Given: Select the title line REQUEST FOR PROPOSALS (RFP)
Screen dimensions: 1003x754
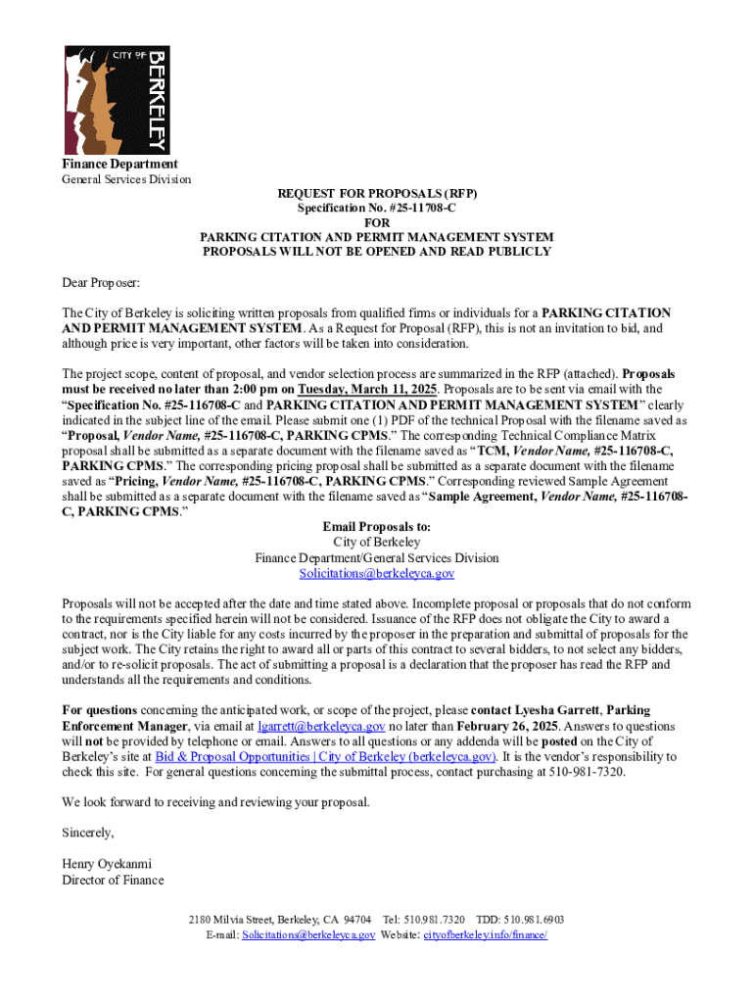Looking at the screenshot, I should (x=376, y=194).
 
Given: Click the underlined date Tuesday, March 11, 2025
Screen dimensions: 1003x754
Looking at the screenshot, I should (x=366, y=389).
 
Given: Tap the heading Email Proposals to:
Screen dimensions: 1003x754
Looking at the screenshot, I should (x=376, y=527).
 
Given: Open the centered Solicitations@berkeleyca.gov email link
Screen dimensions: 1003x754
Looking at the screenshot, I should (x=376, y=573).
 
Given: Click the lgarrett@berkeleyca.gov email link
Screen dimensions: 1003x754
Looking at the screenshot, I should (x=322, y=727).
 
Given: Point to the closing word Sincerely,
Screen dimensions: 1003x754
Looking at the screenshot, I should (x=88, y=834).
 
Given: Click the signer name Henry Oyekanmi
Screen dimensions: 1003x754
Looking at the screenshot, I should (x=106, y=865).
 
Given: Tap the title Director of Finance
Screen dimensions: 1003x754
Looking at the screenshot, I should (x=113, y=880).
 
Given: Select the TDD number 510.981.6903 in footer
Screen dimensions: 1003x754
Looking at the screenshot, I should (x=535, y=921).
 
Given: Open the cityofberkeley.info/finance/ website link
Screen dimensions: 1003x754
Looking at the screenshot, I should (x=485, y=935).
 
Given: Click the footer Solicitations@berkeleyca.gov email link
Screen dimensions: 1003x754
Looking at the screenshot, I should (x=308, y=935).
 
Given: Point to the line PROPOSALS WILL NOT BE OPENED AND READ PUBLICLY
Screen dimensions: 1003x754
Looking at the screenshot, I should (x=376, y=252).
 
